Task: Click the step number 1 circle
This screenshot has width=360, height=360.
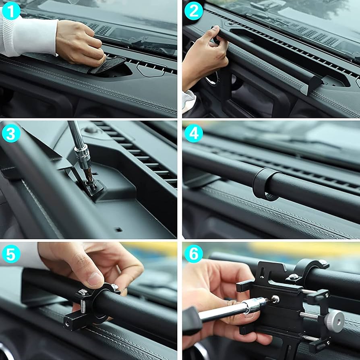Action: (11, 11)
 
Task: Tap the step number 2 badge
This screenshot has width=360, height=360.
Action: (194, 11)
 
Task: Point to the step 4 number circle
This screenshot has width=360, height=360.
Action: (194, 133)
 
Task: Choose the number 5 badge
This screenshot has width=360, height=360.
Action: (11, 254)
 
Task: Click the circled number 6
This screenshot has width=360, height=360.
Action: (194, 254)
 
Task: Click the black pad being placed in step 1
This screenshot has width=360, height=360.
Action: (107, 64)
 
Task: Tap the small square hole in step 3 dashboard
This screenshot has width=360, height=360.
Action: (118, 230)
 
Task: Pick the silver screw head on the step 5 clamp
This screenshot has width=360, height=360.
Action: (83, 293)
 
